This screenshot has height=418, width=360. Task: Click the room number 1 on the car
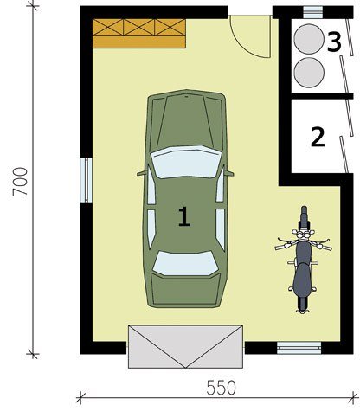[x=184, y=216]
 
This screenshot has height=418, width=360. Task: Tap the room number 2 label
[x=318, y=137]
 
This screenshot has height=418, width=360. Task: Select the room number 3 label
[x=334, y=42]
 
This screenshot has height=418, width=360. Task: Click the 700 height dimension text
[x=20, y=182]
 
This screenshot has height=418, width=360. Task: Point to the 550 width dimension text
[x=222, y=388]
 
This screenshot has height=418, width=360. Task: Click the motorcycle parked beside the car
[x=303, y=260]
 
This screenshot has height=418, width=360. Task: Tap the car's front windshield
[x=185, y=162]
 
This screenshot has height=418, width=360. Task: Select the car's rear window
[x=185, y=263]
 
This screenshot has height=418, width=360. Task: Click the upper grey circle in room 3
[x=309, y=39]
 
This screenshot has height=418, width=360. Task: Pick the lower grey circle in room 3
[x=309, y=72]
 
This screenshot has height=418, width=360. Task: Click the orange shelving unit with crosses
[x=139, y=34]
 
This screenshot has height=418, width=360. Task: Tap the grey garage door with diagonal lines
[x=185, y=347]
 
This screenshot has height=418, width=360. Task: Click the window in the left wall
[x=86, y=180]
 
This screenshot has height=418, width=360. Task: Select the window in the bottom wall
[x=299, y=348]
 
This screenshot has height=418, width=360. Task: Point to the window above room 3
[x=313, y=12]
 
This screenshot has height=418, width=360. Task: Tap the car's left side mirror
[x=142, y=173]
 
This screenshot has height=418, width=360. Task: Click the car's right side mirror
[x=228, y=173]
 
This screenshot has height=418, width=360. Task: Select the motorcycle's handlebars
[x=304, y=243]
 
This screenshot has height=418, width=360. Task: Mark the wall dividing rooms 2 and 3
[x=322, y=96]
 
